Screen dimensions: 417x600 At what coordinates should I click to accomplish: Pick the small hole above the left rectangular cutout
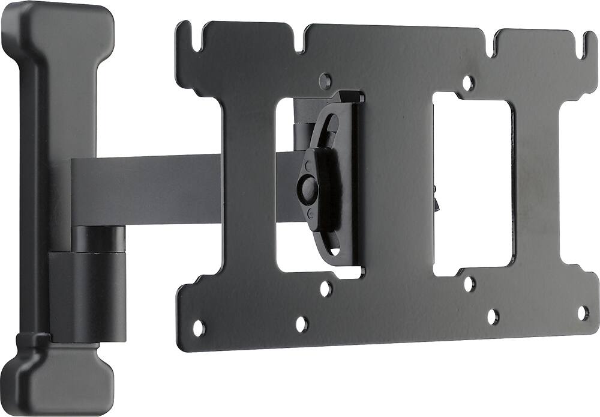(325, 79)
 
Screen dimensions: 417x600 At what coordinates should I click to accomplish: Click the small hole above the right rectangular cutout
(469, 82)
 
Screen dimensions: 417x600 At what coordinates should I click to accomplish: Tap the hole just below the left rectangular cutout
(325, 288)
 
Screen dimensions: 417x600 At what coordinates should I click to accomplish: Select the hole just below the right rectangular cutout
(469, 283)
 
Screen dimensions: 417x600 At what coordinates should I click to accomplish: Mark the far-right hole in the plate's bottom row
(583, 312)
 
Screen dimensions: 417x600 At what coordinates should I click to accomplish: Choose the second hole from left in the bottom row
(302, 324)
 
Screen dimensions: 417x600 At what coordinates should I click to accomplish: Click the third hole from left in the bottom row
(493, 316)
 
